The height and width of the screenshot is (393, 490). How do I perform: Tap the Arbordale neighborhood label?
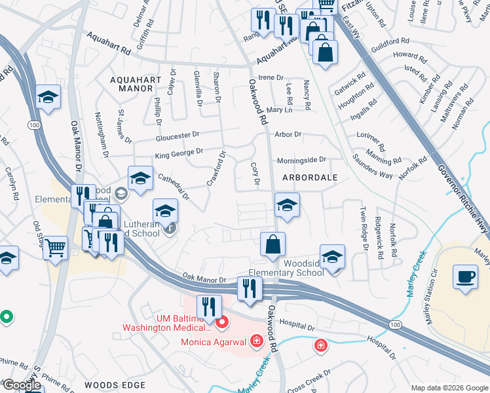point(310,178)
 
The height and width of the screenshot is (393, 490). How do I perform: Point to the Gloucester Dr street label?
point(177,136)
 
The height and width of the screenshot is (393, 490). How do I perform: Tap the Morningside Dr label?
point(301,160)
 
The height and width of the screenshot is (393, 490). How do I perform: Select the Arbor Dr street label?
point(288,134)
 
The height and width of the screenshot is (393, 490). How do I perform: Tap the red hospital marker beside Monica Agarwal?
point(256,341)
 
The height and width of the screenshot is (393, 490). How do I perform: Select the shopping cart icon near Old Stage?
point(55,248)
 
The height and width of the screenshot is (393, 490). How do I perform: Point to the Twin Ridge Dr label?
point(363,230)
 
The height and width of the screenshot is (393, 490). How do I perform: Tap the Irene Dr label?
point(271,77)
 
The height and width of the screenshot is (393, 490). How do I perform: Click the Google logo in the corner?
point(22,385)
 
